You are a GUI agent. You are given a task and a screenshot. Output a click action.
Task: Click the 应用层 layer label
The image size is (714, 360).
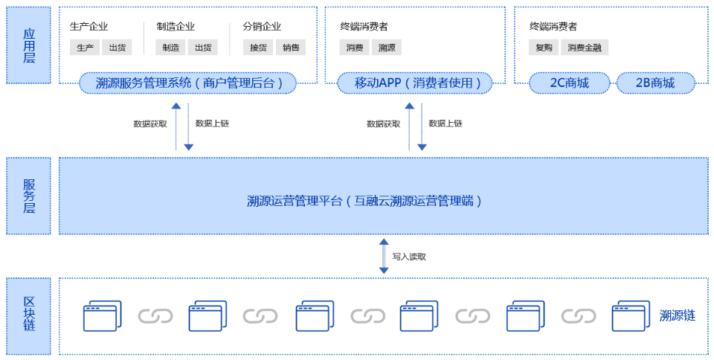point(29,45)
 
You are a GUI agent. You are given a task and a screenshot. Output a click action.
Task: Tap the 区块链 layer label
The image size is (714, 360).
point(29,315)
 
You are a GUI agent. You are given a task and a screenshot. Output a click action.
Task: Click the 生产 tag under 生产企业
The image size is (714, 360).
point(85,48)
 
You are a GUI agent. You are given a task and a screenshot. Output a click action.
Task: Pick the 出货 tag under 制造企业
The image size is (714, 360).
point(202,48)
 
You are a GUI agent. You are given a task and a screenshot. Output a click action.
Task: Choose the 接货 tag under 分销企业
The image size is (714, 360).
point(258,48)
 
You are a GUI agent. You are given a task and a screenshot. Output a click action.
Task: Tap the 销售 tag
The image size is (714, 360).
point(291,48)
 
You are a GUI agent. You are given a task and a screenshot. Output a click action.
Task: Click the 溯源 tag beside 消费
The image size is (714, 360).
point(387,48)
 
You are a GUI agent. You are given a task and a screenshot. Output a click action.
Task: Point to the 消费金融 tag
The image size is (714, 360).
point(584,48)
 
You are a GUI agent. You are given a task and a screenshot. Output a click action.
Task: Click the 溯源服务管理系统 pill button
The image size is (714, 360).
point(187,83)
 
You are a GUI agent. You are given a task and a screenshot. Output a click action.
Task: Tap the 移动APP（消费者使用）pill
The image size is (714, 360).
point(414,83)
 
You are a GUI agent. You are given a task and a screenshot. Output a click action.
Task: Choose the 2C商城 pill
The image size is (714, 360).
point(569,83)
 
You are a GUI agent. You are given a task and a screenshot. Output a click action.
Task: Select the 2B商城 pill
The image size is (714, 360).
point(655,83)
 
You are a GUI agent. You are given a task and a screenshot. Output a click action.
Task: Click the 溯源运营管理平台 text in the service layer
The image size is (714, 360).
point(364,201)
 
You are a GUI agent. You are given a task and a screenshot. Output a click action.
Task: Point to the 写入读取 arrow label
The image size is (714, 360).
point(409,257)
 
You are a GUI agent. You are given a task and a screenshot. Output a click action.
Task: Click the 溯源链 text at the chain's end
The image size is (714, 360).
point(677,315)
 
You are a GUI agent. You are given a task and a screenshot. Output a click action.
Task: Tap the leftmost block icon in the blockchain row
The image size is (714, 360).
point(101,316)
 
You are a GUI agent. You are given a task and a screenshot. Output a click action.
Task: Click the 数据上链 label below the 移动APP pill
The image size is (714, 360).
point(446,123)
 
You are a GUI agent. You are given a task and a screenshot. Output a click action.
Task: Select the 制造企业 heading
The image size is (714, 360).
point(176,27)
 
